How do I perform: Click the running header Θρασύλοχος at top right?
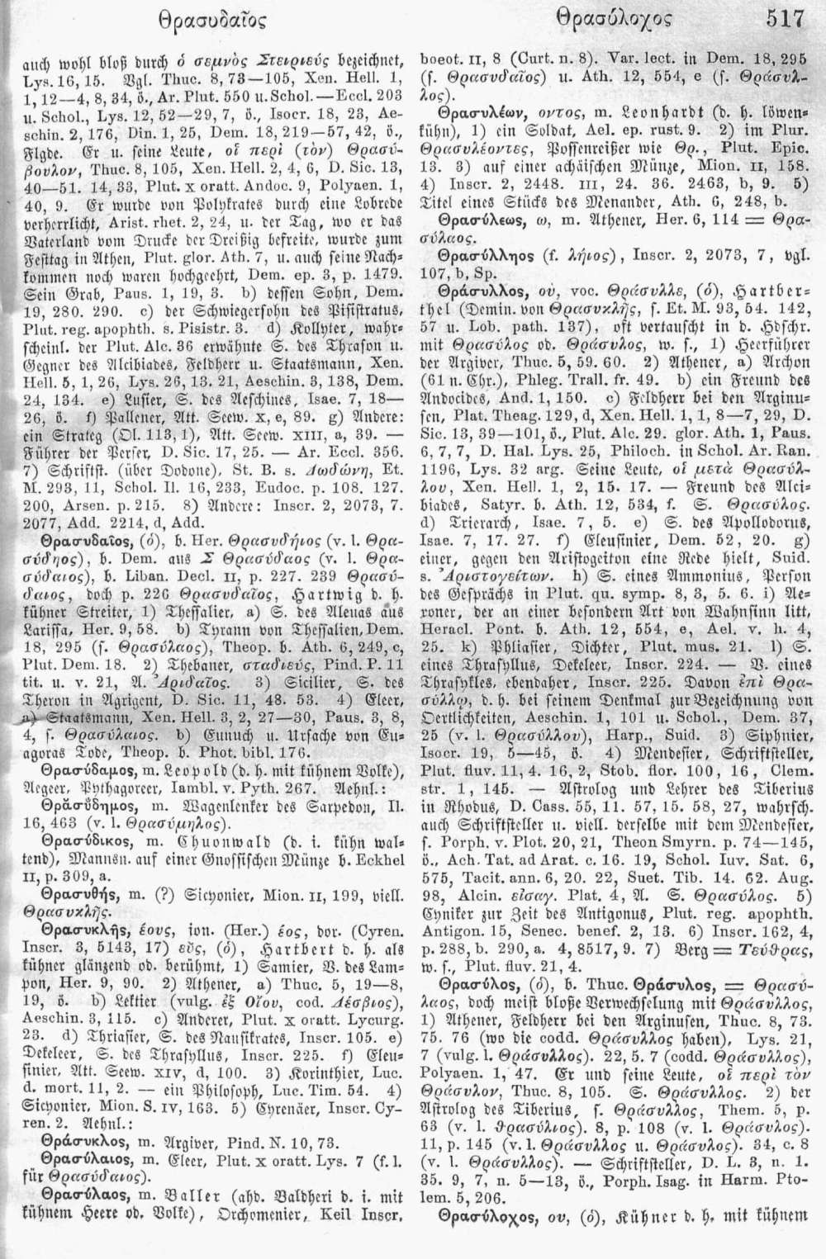click(x=615, y=17)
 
